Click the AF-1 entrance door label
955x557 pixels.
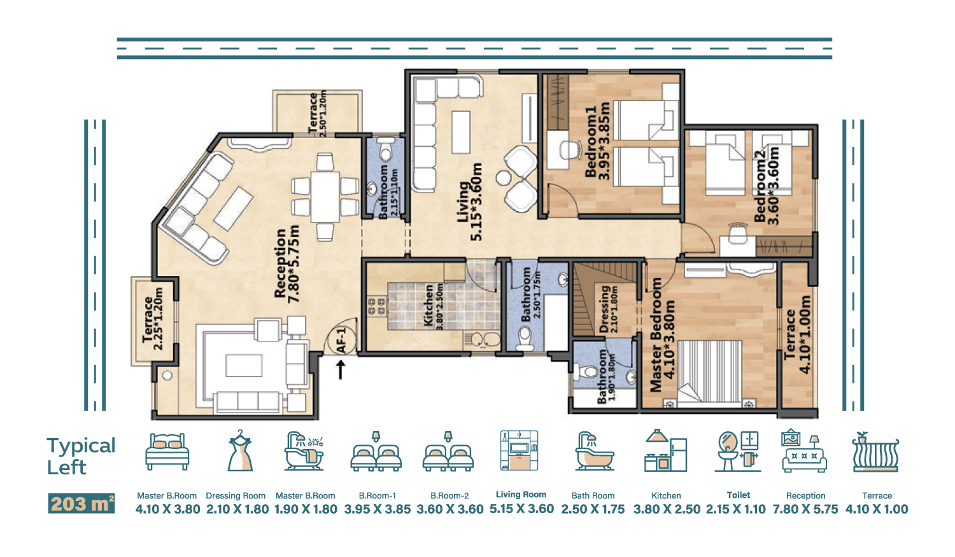tap(341, 340)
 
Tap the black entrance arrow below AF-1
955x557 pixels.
tap(340, 369)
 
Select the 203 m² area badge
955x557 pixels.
tap(81, 504)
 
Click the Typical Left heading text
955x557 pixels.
tap(81, 456)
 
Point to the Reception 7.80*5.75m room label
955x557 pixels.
tap(286, 265)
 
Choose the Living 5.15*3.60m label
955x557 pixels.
tap(469, 202)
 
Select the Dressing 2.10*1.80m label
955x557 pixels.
tap(609, 309)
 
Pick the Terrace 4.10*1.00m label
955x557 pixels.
tap(797, 334)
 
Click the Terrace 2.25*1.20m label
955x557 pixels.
tap(153, 319)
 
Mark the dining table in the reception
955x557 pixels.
tap(325, 196)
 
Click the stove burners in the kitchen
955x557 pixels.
tap(376, 306)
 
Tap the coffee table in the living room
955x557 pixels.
tap(461, 132)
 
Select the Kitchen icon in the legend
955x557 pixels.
tap(665, 451)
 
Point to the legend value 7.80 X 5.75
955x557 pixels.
tap(805, 509)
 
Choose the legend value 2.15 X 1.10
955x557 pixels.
tap(736, 509)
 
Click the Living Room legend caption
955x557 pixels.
tap(521, 495)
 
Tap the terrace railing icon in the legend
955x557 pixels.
tap(875, 452)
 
